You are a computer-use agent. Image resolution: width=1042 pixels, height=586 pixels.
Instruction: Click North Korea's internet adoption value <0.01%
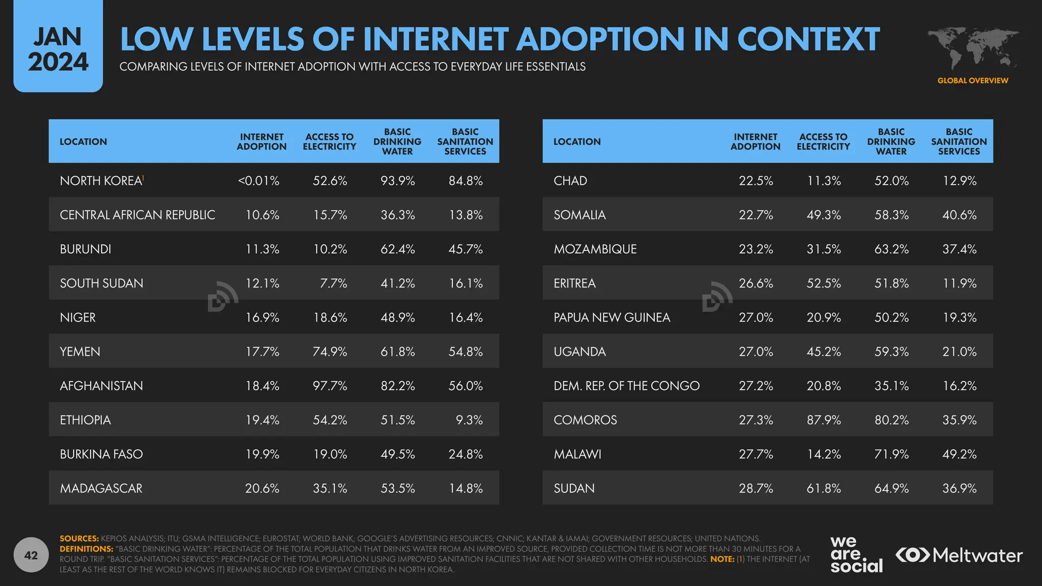(x=258, y=181)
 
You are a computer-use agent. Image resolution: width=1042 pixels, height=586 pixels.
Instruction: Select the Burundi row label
(x=85, y=249)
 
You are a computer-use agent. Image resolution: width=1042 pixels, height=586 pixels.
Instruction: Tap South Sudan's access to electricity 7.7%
(x=333, y=283)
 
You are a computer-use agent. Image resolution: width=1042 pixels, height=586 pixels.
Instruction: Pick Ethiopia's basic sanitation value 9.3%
(x=469, y=420)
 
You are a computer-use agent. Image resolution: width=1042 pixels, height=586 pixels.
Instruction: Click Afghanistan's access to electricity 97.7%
(x=330, y=386)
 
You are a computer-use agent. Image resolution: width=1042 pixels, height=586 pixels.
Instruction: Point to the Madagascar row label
(x=101, y=488)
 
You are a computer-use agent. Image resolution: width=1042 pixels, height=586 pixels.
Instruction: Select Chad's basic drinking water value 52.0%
(x=891, y=181)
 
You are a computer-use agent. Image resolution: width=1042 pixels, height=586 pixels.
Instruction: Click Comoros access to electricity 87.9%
(x=824, y=420)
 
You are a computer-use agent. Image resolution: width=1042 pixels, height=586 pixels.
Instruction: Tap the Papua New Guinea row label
(x=612, y=317)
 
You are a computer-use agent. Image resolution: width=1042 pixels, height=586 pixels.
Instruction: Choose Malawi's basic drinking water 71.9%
(x=891, y=454)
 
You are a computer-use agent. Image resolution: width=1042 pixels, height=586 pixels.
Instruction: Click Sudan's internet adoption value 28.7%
(x=756, y=488)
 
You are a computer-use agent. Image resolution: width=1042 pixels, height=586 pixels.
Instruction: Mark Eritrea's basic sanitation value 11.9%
(x=959, y=283)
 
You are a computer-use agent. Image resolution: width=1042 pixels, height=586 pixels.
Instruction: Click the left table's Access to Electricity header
(x=330, y=141)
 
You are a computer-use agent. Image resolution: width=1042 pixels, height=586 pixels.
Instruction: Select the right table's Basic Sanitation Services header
(x=959, y=141)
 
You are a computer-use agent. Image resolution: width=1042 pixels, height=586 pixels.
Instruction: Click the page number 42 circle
(x=31, y=555)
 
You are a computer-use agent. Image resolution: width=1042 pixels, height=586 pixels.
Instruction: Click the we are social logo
(x=856, y=554)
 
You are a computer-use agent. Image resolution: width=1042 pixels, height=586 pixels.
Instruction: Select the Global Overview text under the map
(x=972, y=80)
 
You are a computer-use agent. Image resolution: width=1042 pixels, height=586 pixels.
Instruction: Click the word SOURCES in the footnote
(x=79, y=538)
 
